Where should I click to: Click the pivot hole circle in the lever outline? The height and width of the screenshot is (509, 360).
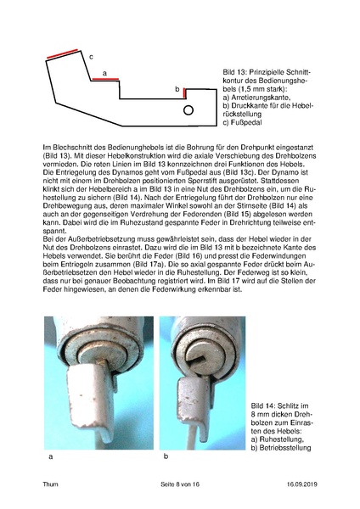(x=189, y=109)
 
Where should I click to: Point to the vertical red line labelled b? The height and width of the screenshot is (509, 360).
(x=184, y=91)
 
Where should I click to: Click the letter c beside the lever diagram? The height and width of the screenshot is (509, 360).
(x=91, y=54)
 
